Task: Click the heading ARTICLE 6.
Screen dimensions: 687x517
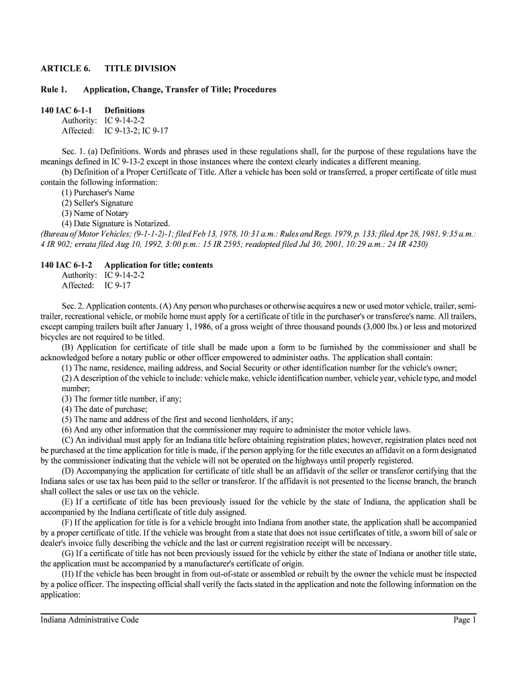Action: pos(61,68)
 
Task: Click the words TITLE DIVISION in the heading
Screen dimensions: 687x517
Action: pos(140,68)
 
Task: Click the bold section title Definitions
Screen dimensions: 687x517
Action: pos(124,110)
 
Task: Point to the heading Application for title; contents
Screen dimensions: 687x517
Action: pos(158,265)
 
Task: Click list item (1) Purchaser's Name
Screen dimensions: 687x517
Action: pos(98,193)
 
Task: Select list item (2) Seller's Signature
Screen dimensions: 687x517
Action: pos(97,203)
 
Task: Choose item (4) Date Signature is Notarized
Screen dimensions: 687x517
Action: pos(116,223)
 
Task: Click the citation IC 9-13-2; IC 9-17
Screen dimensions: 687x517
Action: pos(136,130)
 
